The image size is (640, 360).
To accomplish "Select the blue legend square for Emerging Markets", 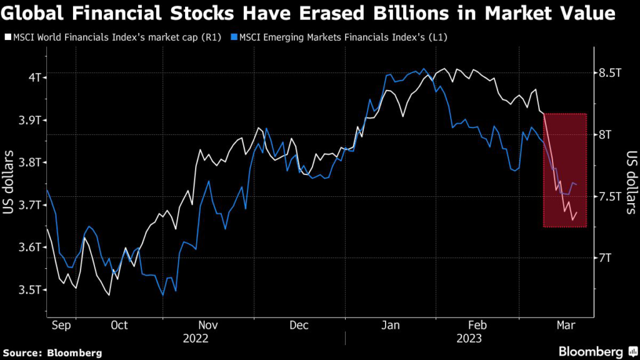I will (234, 37).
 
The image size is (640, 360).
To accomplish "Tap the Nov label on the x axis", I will (207, 325).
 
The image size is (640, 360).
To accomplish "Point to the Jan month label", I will (390, 325).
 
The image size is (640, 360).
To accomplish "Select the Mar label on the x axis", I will (567, 325).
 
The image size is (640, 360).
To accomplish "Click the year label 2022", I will (195, 338).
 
